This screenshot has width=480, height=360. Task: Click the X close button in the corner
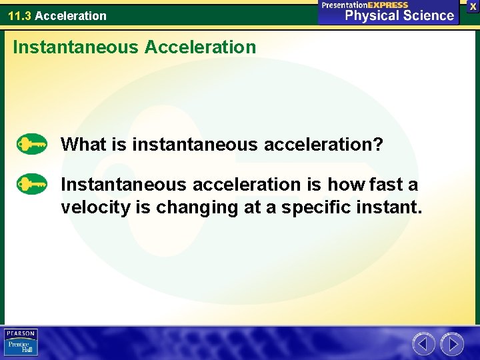pos(473,6)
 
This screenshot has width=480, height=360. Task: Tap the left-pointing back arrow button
pos(423,344)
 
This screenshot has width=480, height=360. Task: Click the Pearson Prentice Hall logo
pos(21,343)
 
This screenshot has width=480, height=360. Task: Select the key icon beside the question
pos(32,144)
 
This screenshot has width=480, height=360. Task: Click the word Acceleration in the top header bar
pos(71,15)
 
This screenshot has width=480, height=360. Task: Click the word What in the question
pos(85,144)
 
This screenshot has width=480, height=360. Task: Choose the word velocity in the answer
pos(96,207)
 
